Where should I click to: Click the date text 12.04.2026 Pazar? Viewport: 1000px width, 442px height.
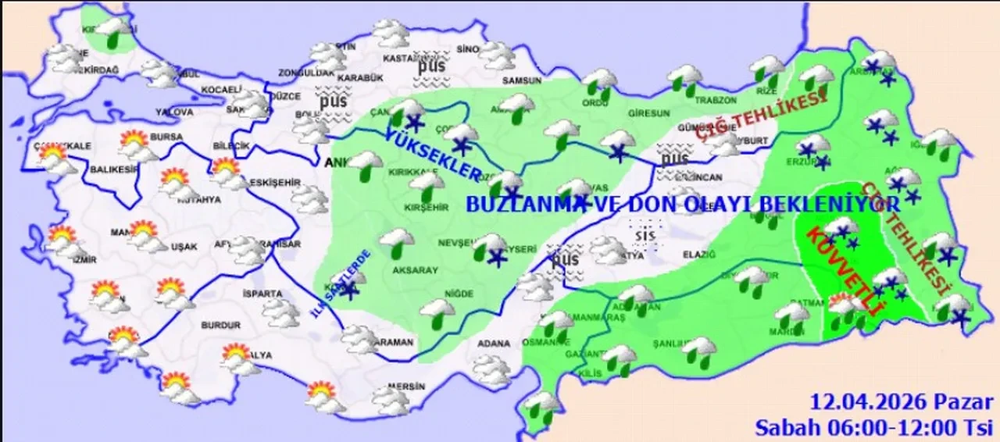902,403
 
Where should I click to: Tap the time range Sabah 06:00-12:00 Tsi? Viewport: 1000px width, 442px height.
873,426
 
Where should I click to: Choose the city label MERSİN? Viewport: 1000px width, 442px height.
409,387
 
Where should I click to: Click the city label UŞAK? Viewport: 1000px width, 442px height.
185,247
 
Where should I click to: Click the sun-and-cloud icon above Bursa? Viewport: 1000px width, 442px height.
134,141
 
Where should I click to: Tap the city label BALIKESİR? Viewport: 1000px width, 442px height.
109,168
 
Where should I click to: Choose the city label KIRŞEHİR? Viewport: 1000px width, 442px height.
426,207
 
